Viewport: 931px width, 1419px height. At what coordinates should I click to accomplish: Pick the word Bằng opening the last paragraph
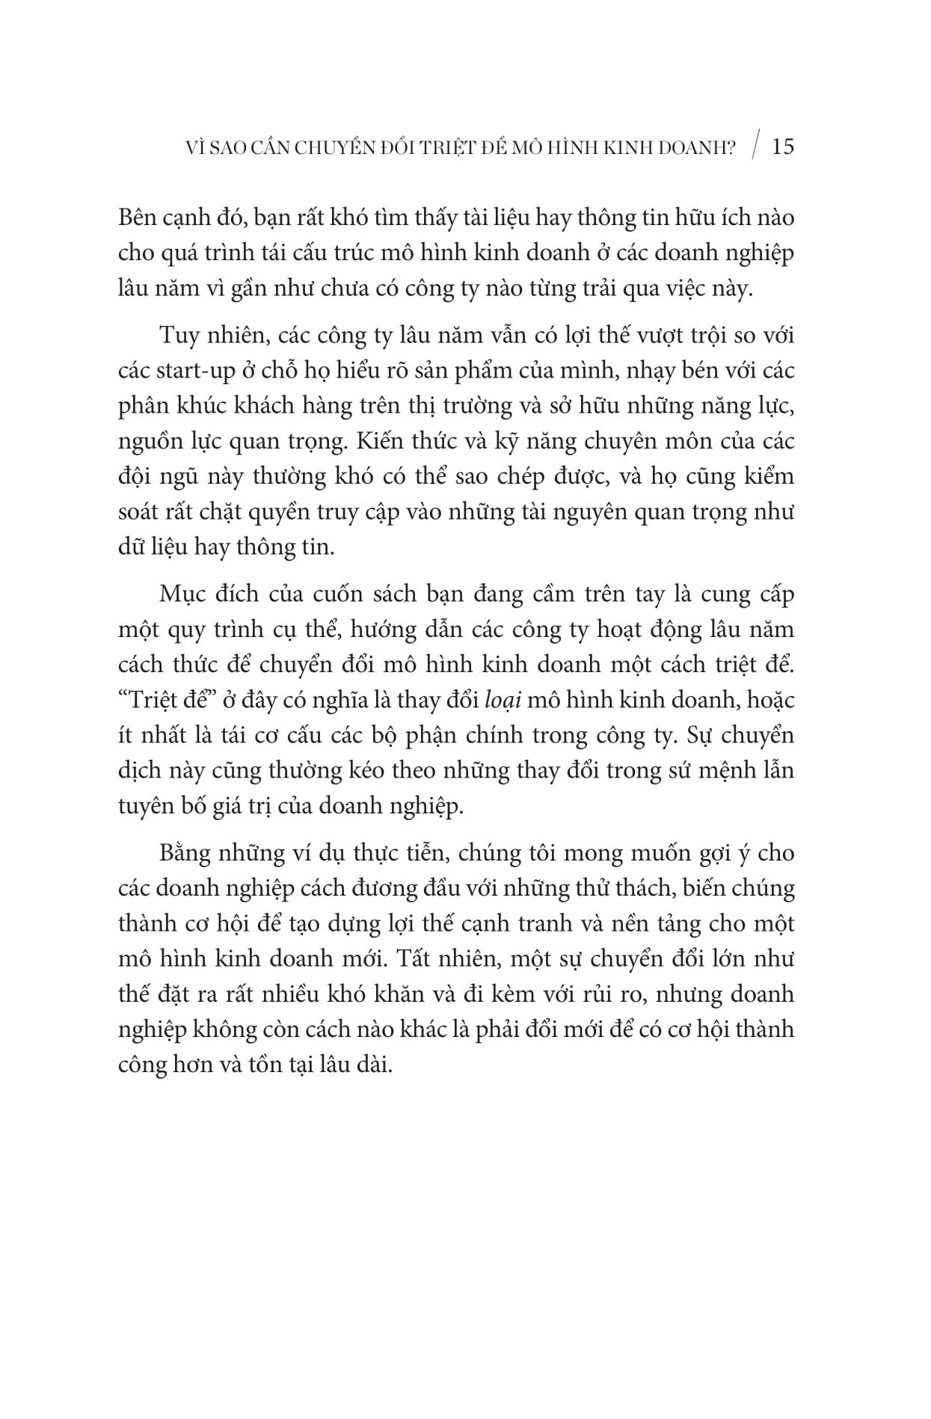(x=183, y=853)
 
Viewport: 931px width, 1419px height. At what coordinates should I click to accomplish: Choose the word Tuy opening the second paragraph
(x=176, y=336)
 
